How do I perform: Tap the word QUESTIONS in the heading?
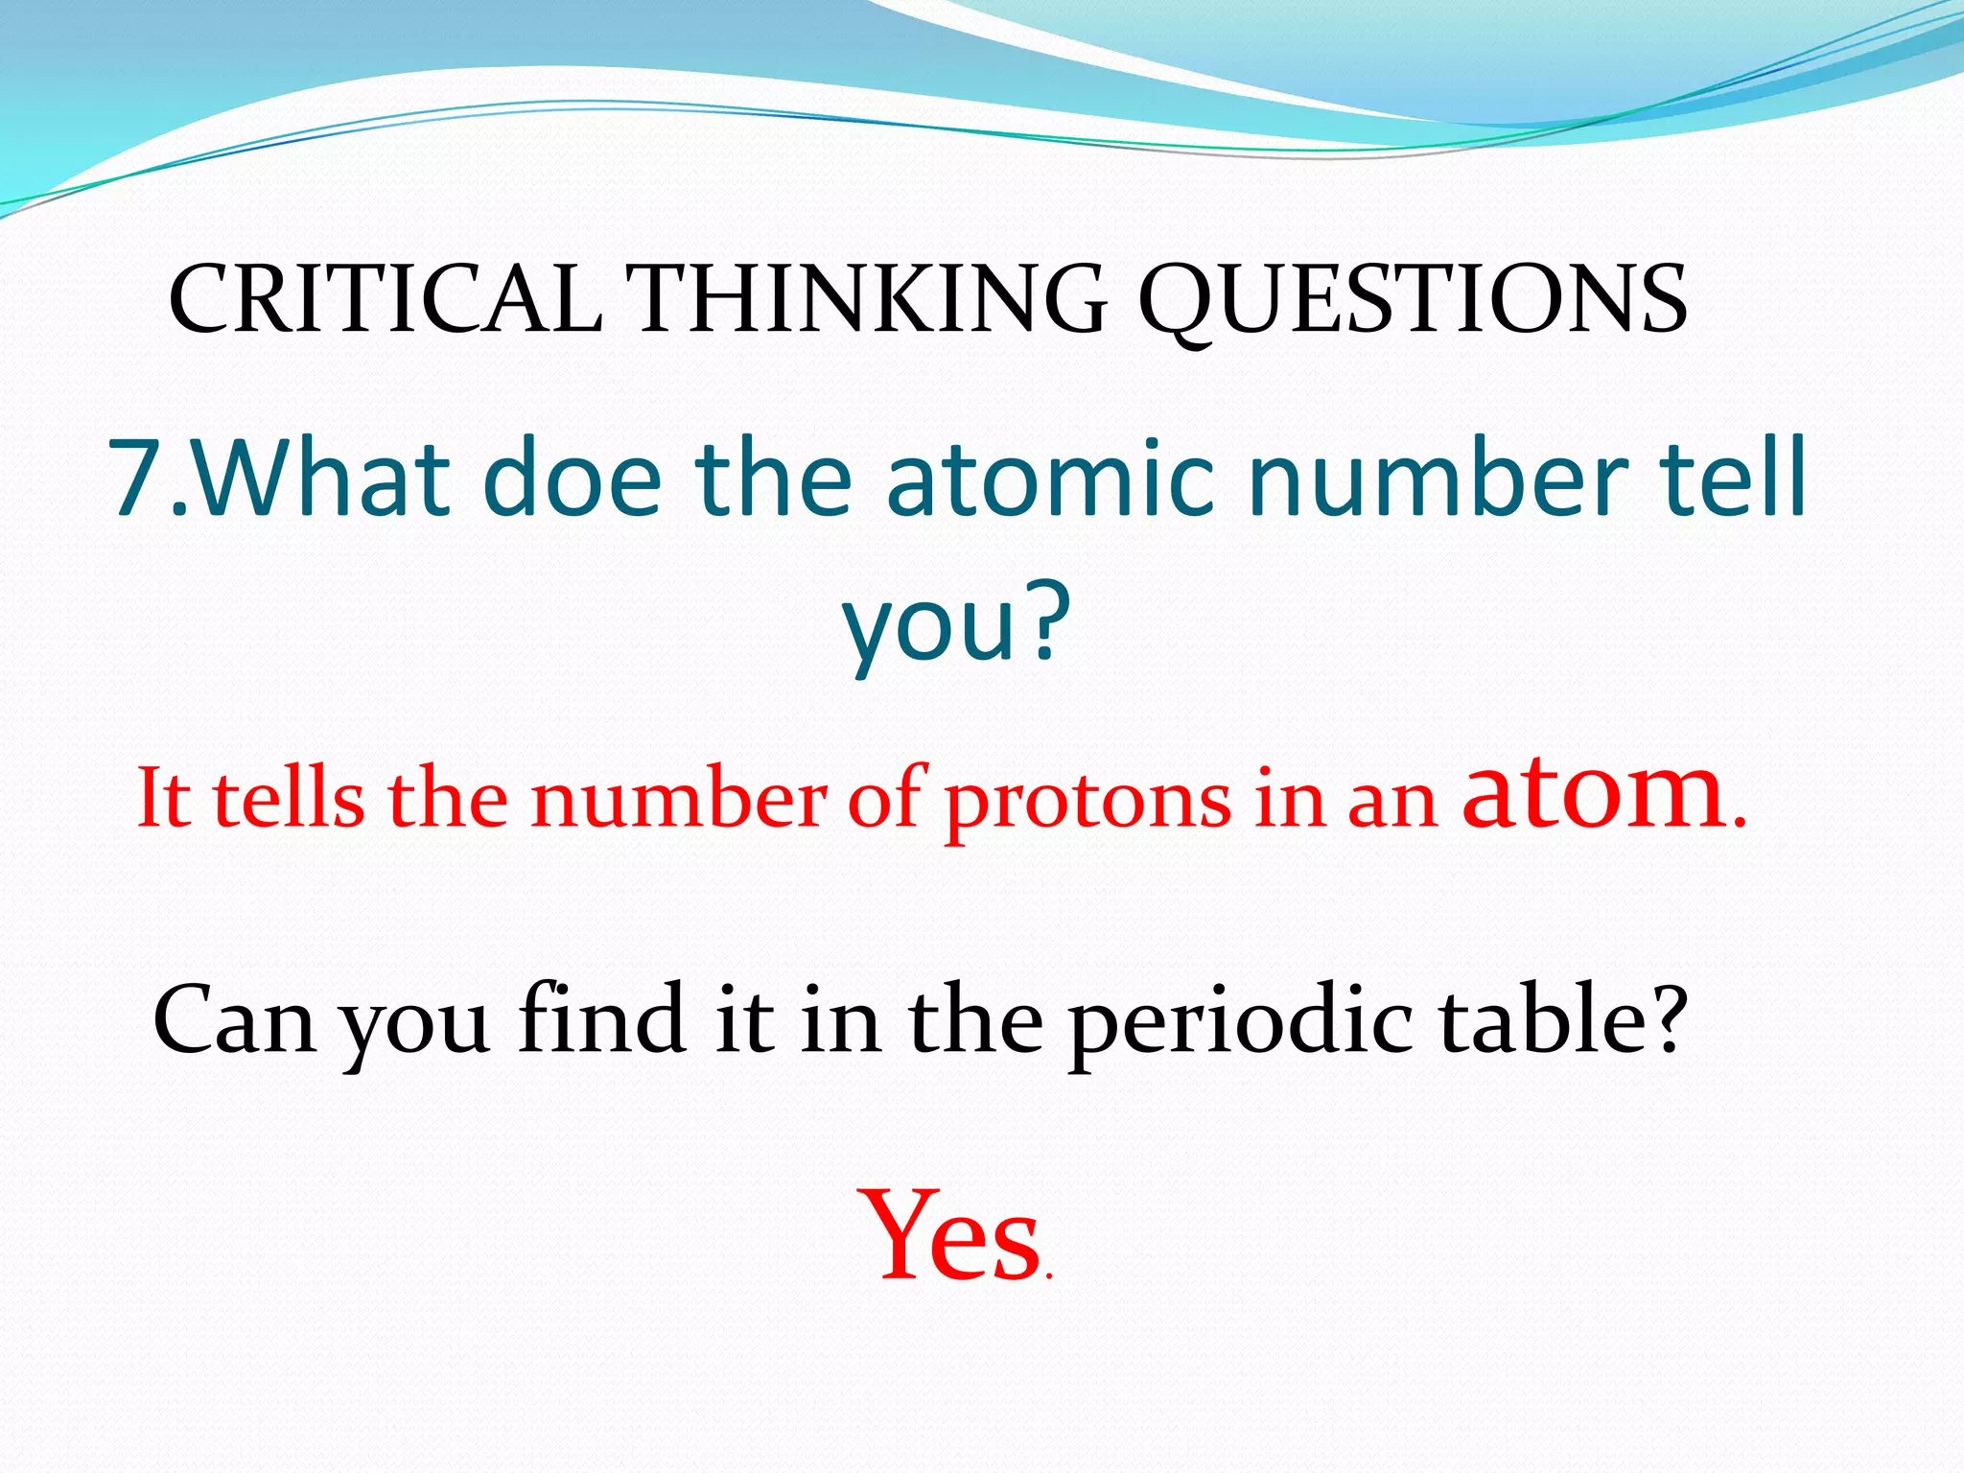click(x=1412, y=300)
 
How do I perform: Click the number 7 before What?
click(x=137, y=477)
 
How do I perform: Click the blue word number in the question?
click(x=1438, y=477)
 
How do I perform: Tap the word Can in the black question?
click(x=233, y=1020)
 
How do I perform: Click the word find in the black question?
click(x=601, y=1018)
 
